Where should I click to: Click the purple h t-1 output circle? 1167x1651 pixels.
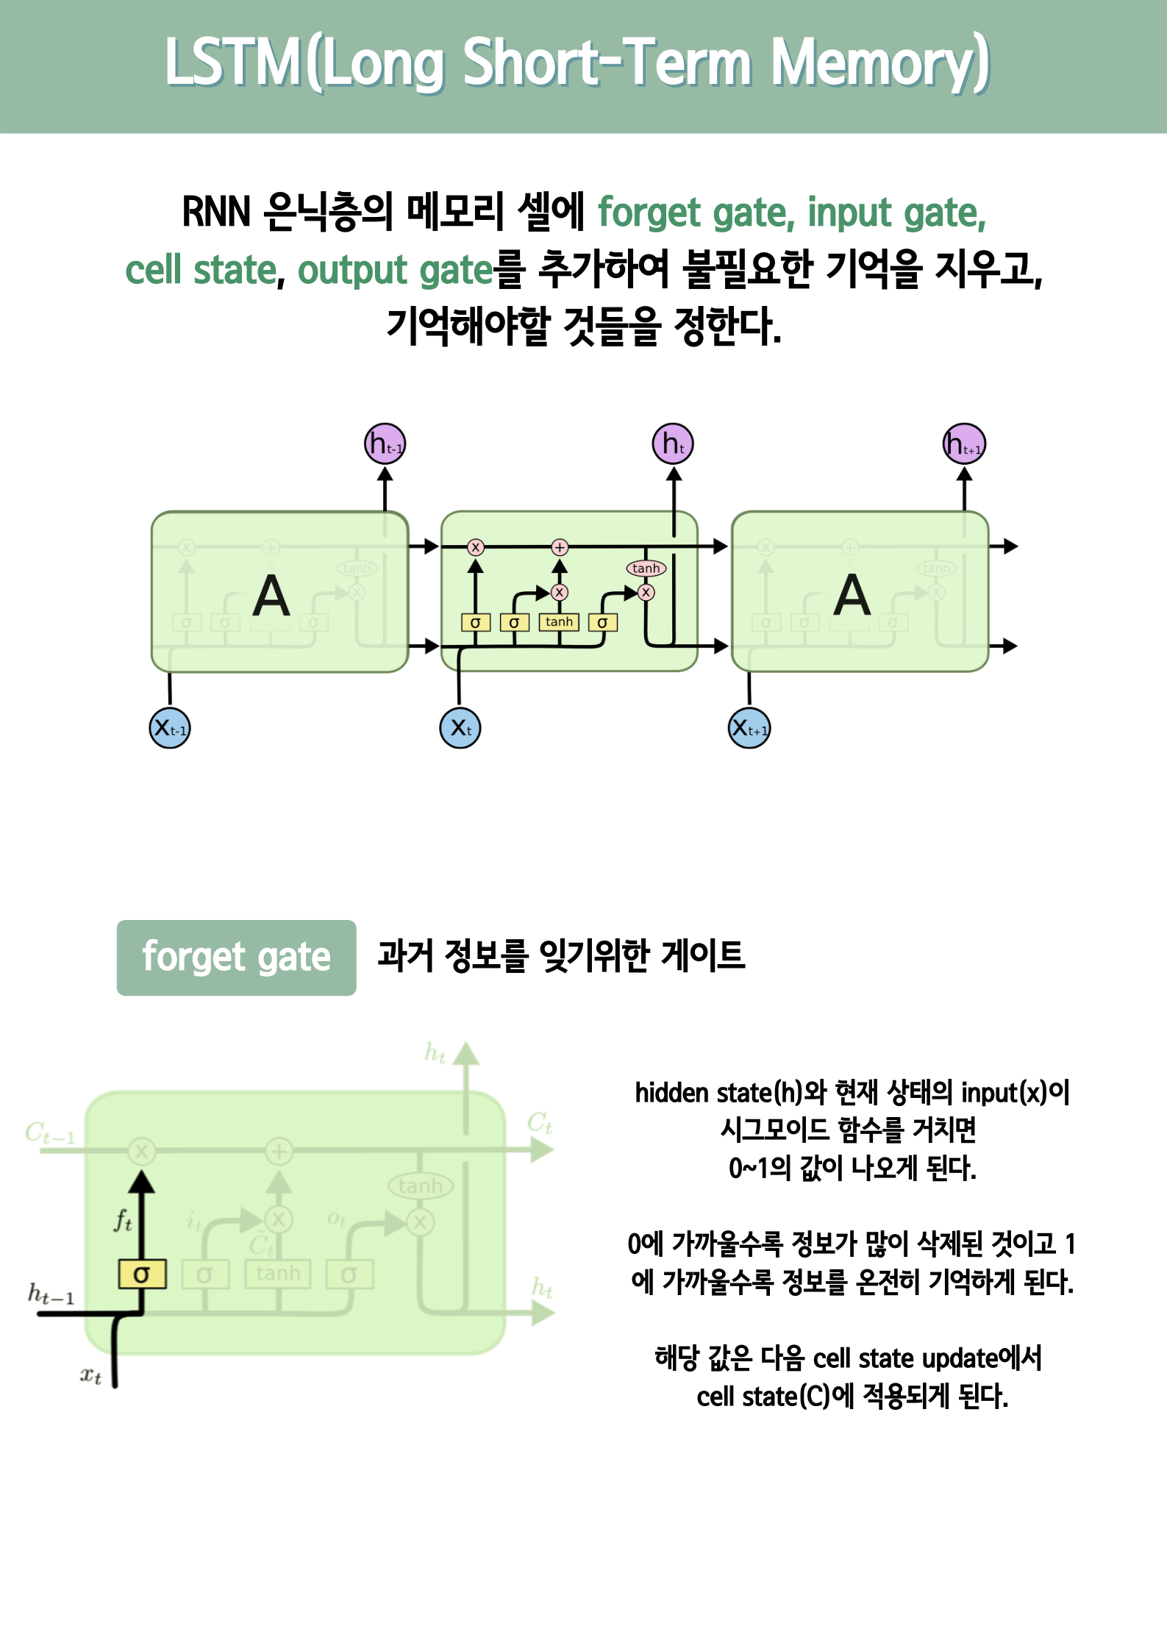tap(385, 444)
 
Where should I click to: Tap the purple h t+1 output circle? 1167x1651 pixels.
tap(964, 444)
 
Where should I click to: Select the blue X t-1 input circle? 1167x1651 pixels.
tap(170, 728)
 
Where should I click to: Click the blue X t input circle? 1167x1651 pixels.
tap(460, 728)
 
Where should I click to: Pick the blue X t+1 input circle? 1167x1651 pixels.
tap(749, 728)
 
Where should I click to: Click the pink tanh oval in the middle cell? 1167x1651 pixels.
tap(646, 568)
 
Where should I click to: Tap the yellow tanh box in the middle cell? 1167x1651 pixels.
tap(559, 622)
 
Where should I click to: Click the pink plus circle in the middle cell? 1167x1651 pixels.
tap(560, 547)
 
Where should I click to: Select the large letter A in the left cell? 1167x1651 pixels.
tap(271, 596)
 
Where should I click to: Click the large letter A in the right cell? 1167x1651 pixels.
tap(852, 596)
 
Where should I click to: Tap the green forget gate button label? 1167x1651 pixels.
tap(236, 958)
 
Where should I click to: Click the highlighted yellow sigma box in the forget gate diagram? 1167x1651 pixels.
tap(142, 1274)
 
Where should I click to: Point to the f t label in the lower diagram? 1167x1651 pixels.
tap(123, 1220)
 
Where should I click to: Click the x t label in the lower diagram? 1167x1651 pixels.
tap(90, 1374)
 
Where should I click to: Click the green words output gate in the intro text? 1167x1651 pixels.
tap(395, 270)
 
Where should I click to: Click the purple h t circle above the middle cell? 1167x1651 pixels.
tap(673, 444)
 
